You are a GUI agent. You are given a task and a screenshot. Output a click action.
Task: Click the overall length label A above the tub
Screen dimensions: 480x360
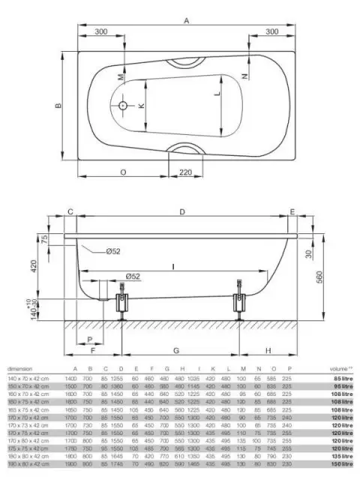[x=186, y=21]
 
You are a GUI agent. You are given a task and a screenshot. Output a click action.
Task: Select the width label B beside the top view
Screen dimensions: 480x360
[x=58, y=106]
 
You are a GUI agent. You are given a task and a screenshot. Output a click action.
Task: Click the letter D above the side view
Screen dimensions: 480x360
[x=182, y=213]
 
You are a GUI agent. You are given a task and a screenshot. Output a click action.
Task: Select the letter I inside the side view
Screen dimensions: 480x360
[x=174, y=266]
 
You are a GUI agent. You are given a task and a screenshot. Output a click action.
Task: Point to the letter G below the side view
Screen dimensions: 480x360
[x=175, y=350]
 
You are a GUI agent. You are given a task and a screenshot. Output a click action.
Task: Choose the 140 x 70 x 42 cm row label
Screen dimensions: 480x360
[x=25, y=379]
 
